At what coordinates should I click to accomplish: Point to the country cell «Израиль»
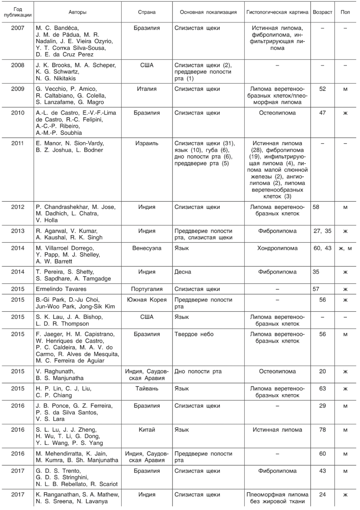[x=147, y=143]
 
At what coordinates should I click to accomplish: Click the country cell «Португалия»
[x=147, y=289]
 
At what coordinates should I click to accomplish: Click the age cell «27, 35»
[x=322, y=231]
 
